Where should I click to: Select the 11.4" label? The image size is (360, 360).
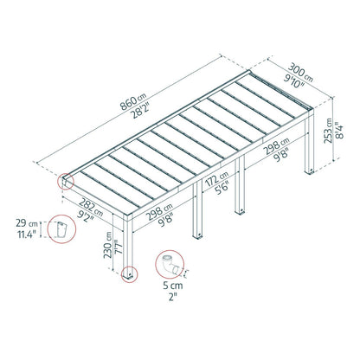coord(21,236)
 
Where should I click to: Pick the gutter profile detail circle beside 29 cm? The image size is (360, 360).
coord(61,231)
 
